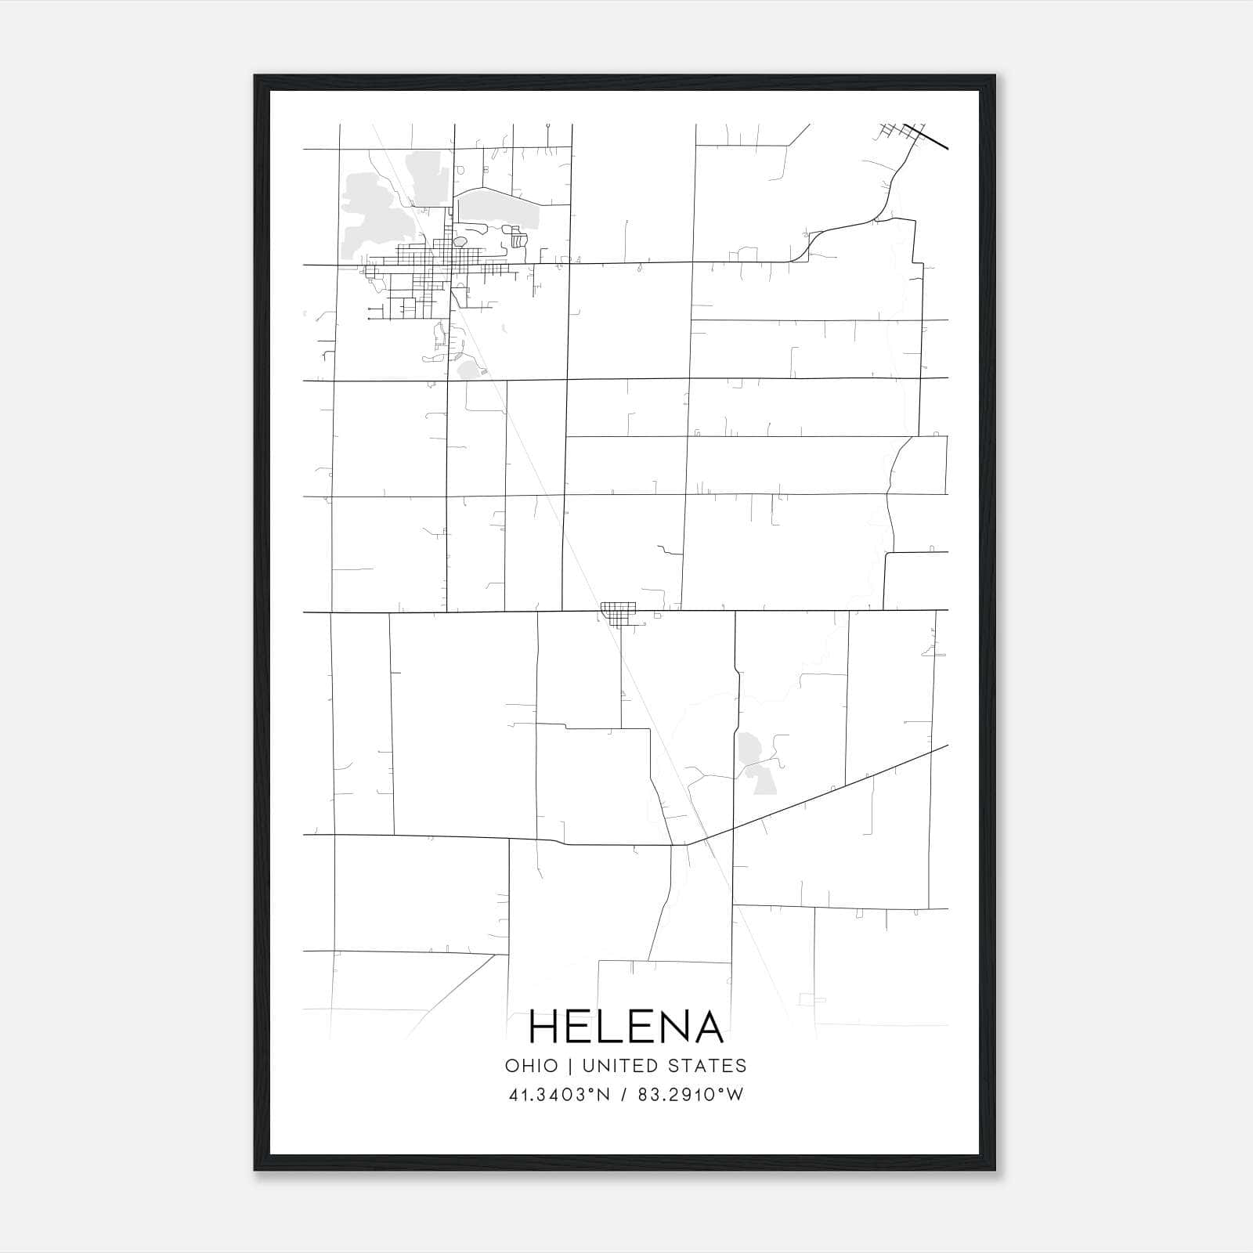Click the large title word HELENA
tap(626, 1027)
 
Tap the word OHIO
tap(532, 1066)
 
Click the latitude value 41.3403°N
tap(559, 1095)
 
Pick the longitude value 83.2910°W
tap(691, 1095)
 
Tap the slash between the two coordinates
tap(624, 1095)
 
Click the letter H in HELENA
tap(546, 1027)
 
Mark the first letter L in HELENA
tap(609, 1027)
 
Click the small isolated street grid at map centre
tap(617, 614)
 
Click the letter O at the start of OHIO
tap(511, 1066)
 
